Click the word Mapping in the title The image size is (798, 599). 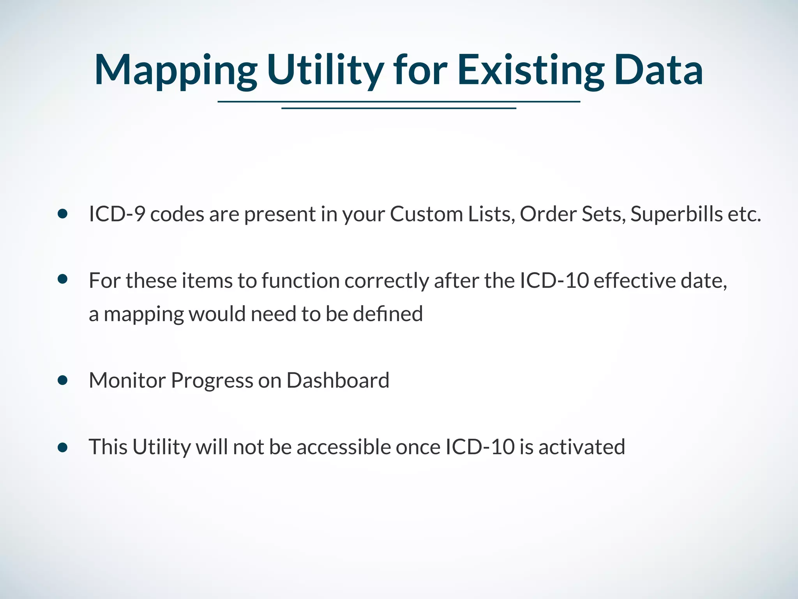click(175, 70)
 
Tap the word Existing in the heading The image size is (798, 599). click(530, 70)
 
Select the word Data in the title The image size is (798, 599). click(659, 70)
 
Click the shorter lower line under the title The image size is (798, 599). click(399, 108)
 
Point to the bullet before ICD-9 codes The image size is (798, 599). click(62, 214)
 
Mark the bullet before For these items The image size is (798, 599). click(62, 279)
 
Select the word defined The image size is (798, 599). click(388, 314)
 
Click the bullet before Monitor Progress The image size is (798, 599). click(62, 380)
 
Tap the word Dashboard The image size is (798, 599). click(338, 380)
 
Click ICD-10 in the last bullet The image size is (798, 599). click(480, 447)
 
